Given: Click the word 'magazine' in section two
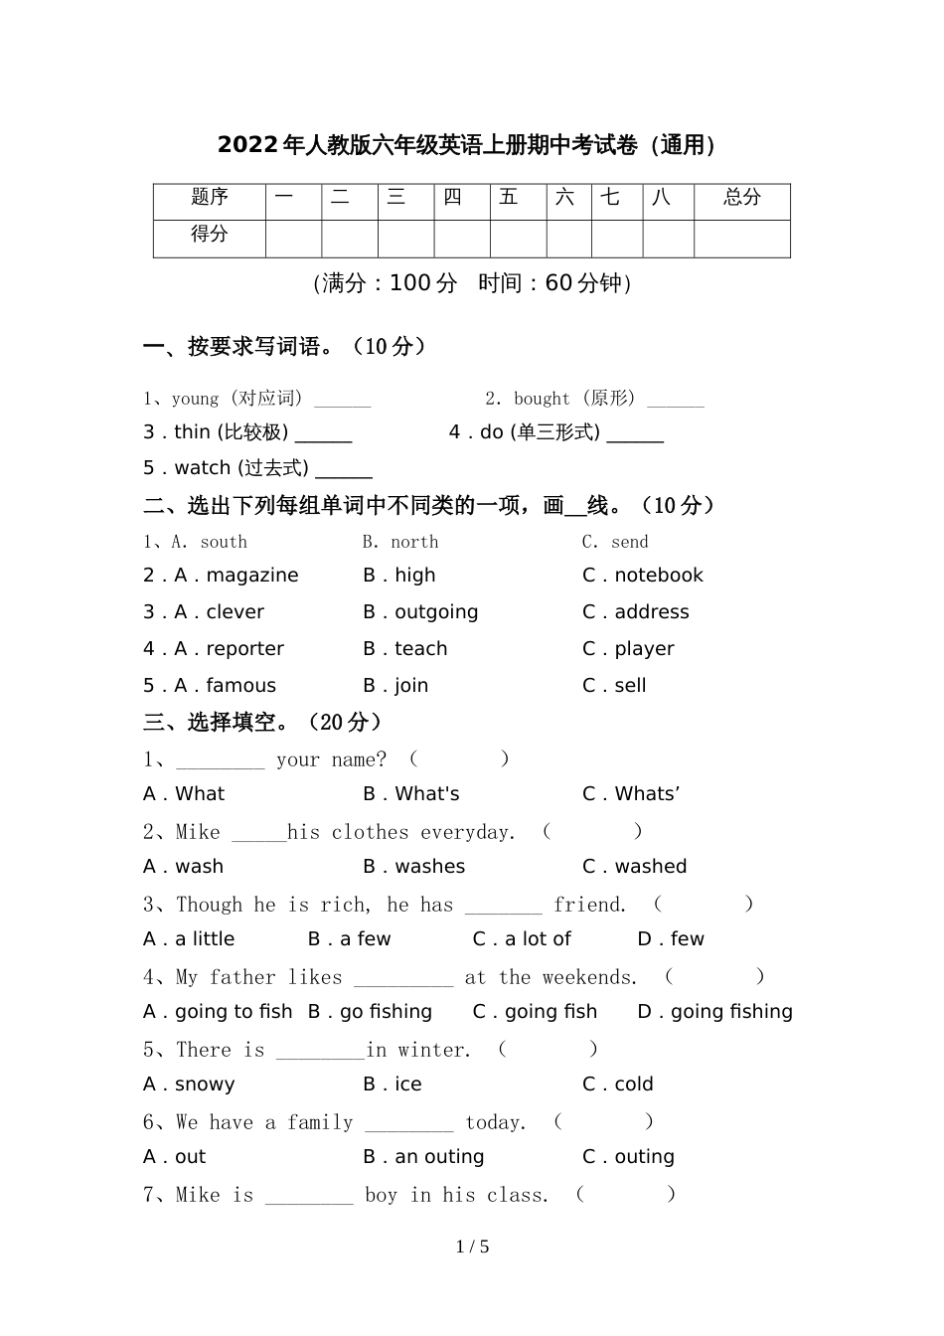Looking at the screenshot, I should [251, 576].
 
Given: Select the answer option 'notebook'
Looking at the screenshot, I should [658, 576].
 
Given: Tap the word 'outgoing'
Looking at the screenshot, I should [436, 612].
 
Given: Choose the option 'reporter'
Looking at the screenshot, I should [244, 649].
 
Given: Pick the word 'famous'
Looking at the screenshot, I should [240, 686].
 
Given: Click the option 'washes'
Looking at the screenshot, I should [429, 867].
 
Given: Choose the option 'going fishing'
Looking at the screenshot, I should [731, 1012].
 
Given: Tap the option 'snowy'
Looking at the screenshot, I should [205, 1085].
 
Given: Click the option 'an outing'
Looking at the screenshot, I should [439, 1157].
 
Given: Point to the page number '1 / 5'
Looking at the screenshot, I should [472, 1247].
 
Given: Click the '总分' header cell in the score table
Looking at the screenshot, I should [741, 198].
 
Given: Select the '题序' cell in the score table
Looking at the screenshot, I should [210, 198].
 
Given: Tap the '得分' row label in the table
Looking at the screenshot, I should [210, 235].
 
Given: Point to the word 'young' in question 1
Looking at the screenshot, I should [195, 400].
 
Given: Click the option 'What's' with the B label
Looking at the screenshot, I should [427, 794].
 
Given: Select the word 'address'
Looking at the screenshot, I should [651, 612].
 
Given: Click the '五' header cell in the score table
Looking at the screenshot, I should [509, 198].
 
